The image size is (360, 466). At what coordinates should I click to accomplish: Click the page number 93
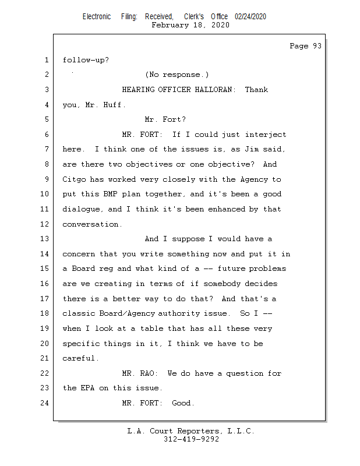click(317, 46)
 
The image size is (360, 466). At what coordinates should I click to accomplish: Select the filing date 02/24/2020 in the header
click(250, 17)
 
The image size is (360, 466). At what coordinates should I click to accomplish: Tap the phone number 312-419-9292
click(191, 439)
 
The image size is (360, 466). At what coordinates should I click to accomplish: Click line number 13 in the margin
click(44, 239)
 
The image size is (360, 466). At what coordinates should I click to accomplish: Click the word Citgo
click(74, 179)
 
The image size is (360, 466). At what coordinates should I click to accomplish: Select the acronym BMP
click(110, 194)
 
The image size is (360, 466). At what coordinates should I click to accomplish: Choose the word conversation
click(91, 224)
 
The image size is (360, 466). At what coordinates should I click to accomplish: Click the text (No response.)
click(177, 75)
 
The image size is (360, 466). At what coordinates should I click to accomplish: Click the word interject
click(266, 135)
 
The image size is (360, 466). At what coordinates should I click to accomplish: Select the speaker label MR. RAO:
click(140, 373)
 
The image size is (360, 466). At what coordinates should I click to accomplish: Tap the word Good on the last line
click(182, 403)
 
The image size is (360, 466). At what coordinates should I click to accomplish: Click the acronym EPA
click(87, 388)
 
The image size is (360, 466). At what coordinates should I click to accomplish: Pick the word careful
click(80, 358)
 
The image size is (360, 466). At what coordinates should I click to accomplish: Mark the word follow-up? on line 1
click(86, 61)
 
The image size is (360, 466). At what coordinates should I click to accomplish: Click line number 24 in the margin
click(44, 403)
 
